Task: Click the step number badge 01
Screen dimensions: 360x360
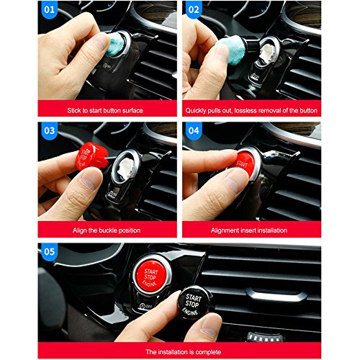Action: click(x=51, y=11)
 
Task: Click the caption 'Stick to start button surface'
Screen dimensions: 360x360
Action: click(x=105, y=110)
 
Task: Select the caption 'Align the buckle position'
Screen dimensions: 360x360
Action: click(x=105, y=230)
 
